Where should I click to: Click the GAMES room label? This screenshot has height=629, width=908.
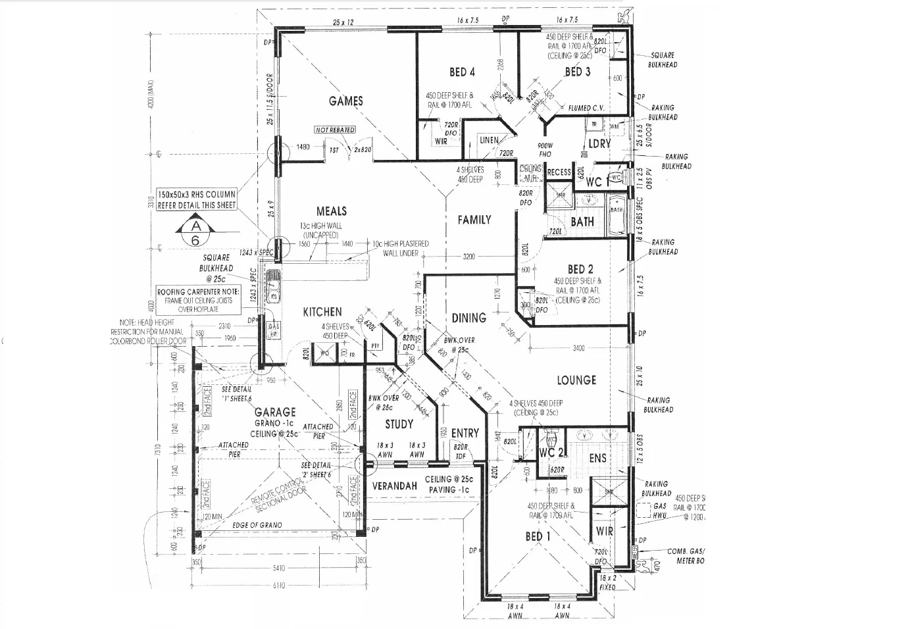pyautogui.click(x=345, y=101)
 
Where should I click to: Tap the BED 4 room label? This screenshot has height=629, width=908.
pyautogui.click(x=462, y=72)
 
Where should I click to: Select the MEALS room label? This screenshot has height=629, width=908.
pyautogui.click(x=331, y=211)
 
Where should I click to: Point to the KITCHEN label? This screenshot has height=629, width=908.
pyautogui.click(x=322, y=312)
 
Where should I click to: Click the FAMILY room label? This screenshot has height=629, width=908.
pyautogui.click(x=474, y=220)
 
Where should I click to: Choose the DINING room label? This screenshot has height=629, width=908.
pyautogui.click(x=468, y=318)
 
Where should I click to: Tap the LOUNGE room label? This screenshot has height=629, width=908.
pyautogui.click(x=576, y=380)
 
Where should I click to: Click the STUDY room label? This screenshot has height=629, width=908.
pyautogui.click(x=399, y=424)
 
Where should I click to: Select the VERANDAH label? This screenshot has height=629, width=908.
pyautogui.click(x=395, y=486)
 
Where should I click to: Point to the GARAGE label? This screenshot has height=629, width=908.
pyautogui.click(x=275, y=412)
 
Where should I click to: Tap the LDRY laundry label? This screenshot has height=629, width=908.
pyautogui.click(x=599, y=143)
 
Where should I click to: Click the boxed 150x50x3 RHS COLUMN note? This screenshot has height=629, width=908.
pyautogui.click(x=196, y=200)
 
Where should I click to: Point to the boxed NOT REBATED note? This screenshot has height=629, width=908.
pyautogui.click(x=335, y=130)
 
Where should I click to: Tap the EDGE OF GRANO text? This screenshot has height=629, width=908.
pyautogui.click(x=257, y=525)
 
